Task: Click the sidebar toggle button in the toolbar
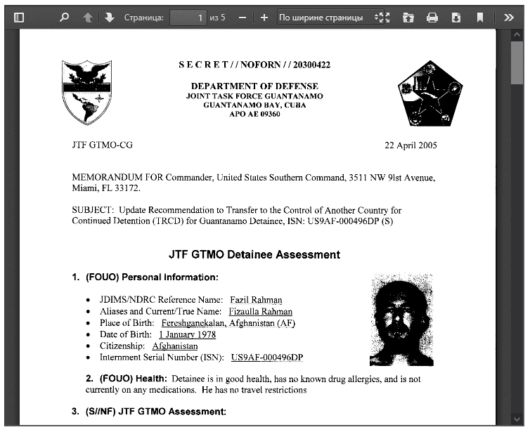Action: (19, 18)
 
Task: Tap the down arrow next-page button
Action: (109, 18)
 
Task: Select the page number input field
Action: (188, 18)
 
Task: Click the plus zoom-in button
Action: (264, 18)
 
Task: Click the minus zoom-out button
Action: (242, 18)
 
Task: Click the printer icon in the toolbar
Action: (432, 18)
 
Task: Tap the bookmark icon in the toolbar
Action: (480, 18)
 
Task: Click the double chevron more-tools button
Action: (509, 18)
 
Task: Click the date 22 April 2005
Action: (411, 145)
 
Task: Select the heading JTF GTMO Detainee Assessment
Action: (254, 254)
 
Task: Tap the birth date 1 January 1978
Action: (187, 334)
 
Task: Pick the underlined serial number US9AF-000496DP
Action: (266, 358)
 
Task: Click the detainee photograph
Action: (401, 320)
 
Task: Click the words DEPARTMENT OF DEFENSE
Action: (254, 86)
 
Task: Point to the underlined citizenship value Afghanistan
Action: (175, 346)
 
